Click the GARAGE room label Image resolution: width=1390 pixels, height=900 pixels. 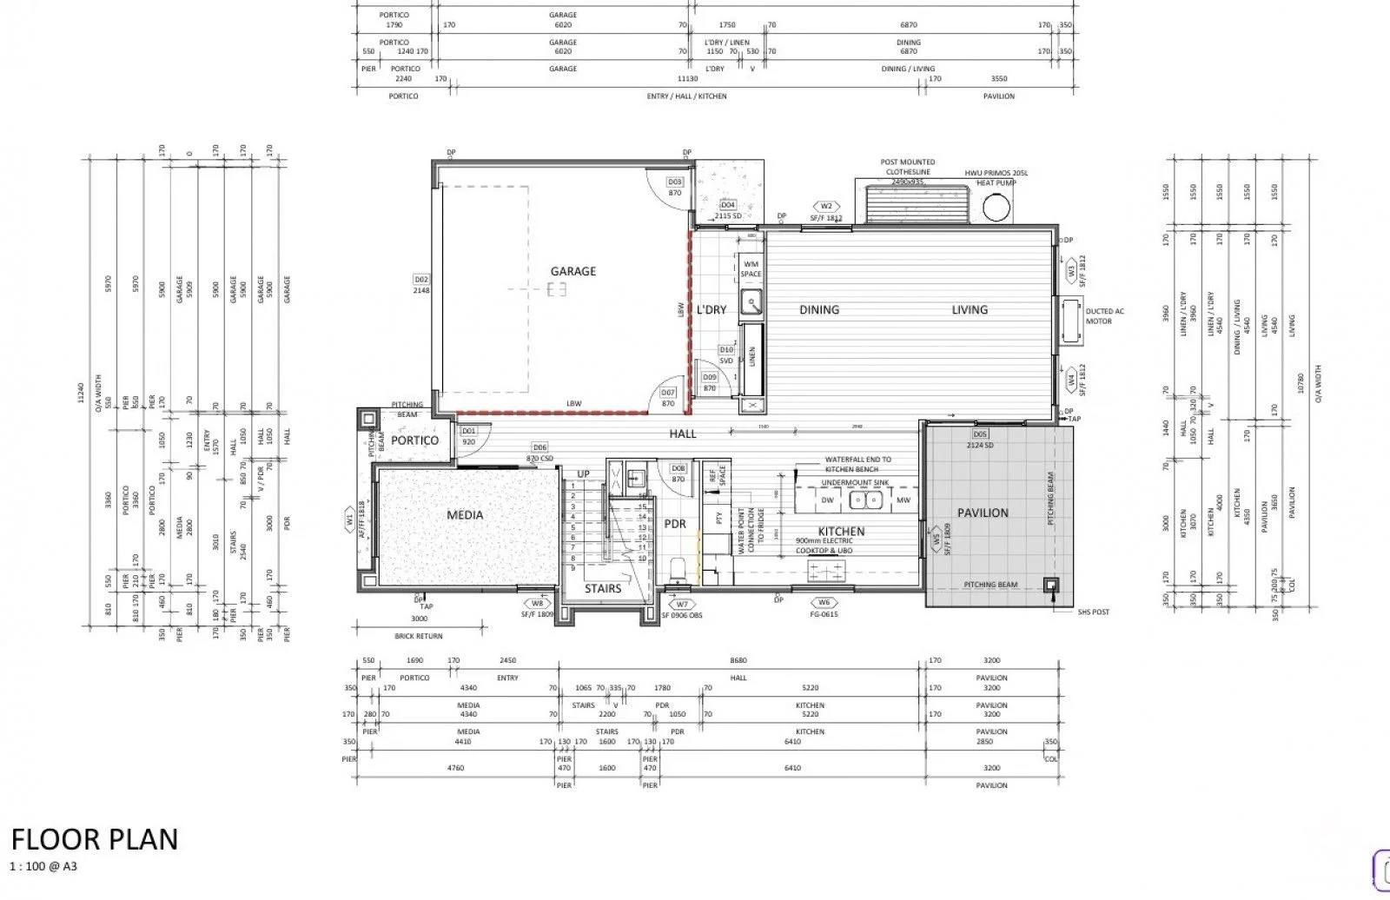[573, 271]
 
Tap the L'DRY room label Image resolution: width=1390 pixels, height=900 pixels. [712, 310]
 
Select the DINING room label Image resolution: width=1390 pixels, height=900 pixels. [818, 309]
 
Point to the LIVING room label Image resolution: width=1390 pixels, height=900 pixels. [969, 309]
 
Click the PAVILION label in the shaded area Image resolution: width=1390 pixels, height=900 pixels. [983, 513]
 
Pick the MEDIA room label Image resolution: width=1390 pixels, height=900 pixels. [465, 515]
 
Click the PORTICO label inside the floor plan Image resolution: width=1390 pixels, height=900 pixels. [414, 440]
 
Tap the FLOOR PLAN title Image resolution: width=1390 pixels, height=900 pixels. [95, 839]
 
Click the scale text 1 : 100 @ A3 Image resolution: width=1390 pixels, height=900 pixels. [43, 866]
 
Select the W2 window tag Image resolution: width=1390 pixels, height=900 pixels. [826, 207]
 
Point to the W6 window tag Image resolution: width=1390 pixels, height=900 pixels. [824, 602]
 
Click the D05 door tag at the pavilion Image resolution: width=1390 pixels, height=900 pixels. [980, 433]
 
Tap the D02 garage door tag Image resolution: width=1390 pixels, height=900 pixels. [421, 279]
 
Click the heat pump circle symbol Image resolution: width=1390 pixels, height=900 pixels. [996, 207]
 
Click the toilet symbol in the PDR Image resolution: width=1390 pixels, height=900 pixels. [680, 570]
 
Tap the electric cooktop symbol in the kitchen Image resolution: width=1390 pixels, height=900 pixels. [825, 570]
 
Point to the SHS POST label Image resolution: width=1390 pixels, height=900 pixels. [1093, 612]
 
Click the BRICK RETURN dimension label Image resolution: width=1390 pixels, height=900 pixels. [419, 636]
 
